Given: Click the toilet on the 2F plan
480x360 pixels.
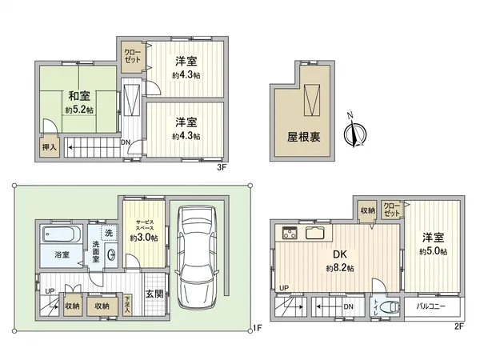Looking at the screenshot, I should click(391, 307).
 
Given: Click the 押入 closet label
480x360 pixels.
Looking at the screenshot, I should click(50, 147).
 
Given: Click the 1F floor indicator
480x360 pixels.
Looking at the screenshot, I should click(257, 327).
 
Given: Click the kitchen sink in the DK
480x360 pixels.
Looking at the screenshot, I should click(315, 234).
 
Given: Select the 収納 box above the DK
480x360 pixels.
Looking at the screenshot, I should click(367, 210).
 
